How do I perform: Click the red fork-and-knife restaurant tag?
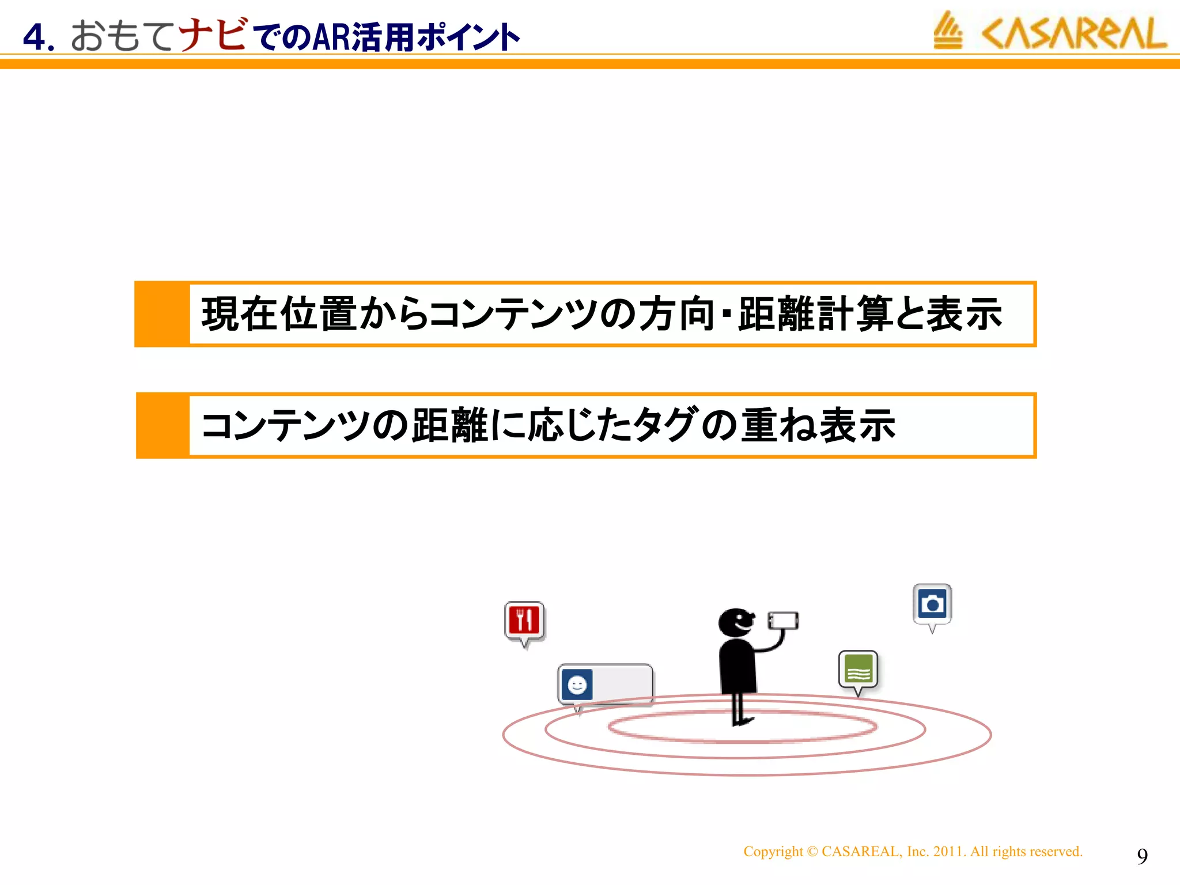[x=524, y=621]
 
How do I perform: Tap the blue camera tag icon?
[x=932, y=604]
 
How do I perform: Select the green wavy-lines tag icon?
[x=858, y=670]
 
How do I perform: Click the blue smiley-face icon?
[x=577, y=684]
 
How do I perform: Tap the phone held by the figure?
[x=783, y=621]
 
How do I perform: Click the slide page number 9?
[x=1142, y=856]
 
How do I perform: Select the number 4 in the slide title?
[x=35, y=38]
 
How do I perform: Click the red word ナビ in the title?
[x=213, y=35]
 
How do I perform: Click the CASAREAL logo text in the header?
[x=1074, y=33]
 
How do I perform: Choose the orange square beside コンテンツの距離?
[x=163, y=425]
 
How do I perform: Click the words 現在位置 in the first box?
[x=279, y=314]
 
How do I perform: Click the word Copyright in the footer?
[x=773, y=852]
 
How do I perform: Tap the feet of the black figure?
[x=741, y=720]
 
